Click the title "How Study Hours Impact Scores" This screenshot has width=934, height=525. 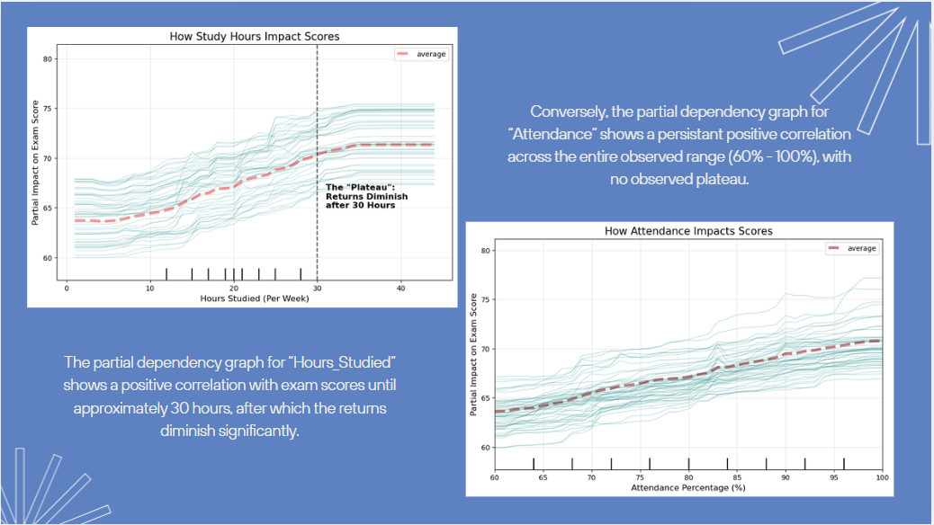pos(255,37)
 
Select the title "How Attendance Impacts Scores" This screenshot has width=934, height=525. pos(688,231)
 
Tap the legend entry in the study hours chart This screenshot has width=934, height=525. pos(421,54)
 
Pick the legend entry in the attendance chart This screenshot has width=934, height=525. pos(852,248)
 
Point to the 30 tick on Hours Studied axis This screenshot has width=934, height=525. pos(317,289)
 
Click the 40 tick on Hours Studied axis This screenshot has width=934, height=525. pos(400,289)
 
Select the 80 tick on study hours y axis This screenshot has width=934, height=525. pos(50,59)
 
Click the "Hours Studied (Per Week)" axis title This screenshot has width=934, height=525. pos(255,298)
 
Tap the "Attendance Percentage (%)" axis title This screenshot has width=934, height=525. pos(688,488)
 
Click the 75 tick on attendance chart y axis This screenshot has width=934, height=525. pos(483,300)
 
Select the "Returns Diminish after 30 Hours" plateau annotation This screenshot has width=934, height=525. pos(360,197)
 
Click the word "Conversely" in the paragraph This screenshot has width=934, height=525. pos(571,112)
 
